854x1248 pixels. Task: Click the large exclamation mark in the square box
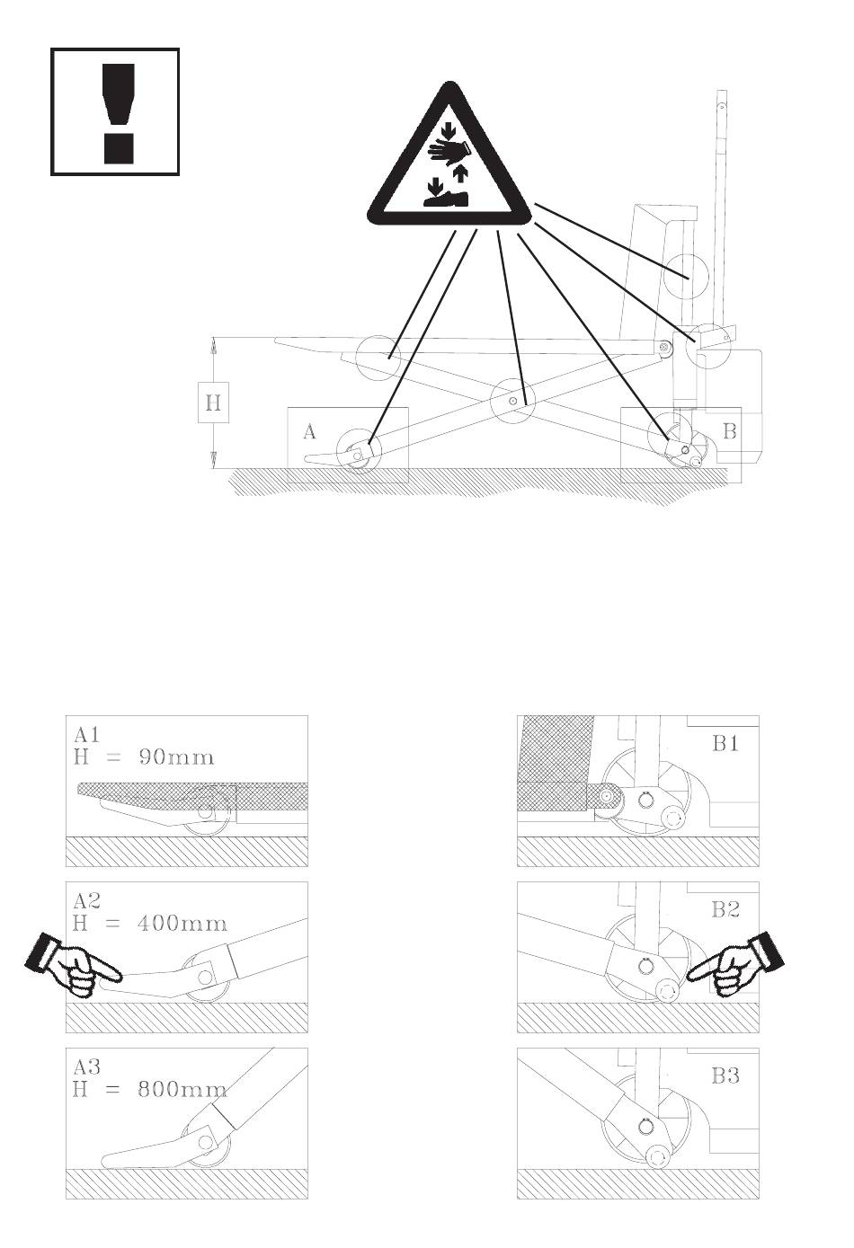click(119, 113)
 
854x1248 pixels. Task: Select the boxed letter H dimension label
click(214, 402)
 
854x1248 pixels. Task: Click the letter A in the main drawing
click(309, 431)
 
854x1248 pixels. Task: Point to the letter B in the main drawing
click(729, 430)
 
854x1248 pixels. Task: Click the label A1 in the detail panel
click(86, 736)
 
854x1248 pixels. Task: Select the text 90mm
click(176, 757)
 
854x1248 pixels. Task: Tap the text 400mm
click(182, 924)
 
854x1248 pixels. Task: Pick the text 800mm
click(182, 1090)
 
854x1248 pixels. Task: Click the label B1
click(725, 743)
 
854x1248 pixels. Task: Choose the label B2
click(725, 910)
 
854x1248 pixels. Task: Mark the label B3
click(725, 1075)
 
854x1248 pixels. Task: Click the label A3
click(87, 1067)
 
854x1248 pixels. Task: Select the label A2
click(87, 901)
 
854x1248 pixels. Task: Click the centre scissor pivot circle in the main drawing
click(512, 400)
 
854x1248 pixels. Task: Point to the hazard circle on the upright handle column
click(686, 277)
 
